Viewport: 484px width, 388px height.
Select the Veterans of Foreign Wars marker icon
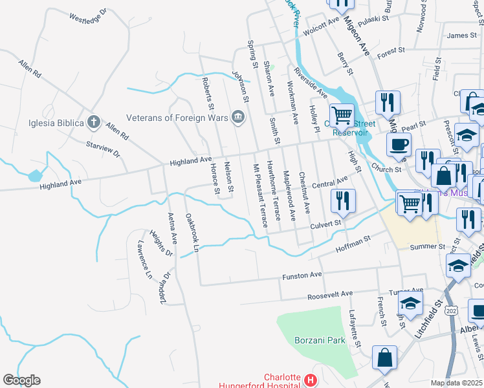(238, 117)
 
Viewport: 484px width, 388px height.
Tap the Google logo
(21, 380)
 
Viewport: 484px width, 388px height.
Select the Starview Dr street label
(104, 150)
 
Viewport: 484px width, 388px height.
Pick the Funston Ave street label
(302, 276)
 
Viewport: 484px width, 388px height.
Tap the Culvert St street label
(324, 224)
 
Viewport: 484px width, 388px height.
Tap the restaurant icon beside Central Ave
(343, 200)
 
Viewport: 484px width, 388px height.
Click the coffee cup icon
(399, 144)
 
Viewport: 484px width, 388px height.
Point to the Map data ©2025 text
(456, 383)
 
